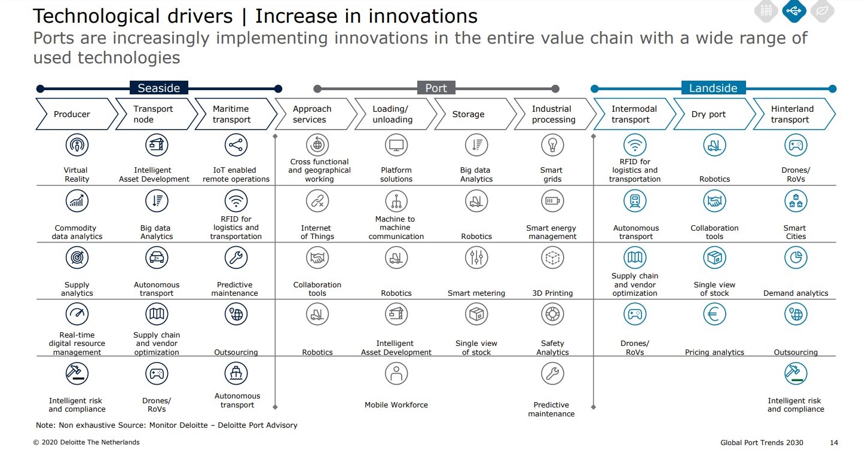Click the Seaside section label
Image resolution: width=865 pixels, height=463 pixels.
tap(158, 88)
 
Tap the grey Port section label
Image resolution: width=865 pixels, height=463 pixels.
tap(436, 88)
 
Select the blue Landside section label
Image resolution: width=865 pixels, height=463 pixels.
tap(713, 88)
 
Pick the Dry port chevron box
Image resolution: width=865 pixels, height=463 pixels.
tap(714, 114)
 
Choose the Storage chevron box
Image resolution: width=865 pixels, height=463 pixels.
tap(475, 114)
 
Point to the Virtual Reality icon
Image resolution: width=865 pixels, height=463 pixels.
tap(77, 145)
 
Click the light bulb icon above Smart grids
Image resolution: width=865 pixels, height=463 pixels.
tap(552, 145)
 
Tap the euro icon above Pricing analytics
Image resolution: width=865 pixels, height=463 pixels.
tap(714, 314)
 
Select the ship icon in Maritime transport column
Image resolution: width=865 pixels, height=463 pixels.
tap(236, 373)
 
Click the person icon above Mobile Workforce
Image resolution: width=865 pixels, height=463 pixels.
tap(396, 373)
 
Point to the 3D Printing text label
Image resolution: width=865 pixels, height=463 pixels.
tap(552, 293)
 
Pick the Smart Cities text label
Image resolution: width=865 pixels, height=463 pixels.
tap(796, 232)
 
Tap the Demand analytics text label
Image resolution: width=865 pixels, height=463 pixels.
tap(796, 293)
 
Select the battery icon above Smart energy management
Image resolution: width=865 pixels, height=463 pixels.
tap(552, 201)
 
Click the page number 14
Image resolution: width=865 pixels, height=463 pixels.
tap(834, 443)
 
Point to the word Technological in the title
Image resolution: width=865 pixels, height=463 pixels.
tap(96, 17)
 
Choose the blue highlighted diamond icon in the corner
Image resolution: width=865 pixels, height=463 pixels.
tap(794, 11)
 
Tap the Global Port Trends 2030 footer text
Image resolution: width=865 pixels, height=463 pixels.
tap(762, 443)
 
